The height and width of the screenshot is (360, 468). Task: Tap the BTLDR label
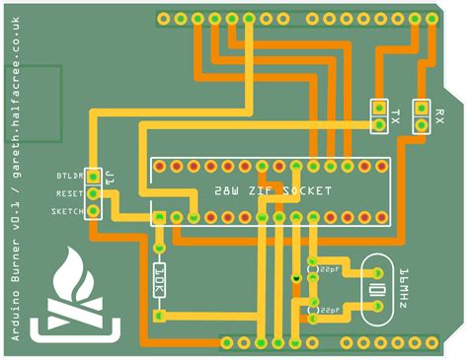[x=70, y=177]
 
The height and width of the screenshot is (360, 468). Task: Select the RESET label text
[x=70, y=194]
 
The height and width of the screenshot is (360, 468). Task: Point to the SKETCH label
[x=68, y=212]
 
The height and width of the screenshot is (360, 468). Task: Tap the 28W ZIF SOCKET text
[x=273, y=190]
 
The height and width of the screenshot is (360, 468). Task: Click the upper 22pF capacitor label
[x=330, y=268]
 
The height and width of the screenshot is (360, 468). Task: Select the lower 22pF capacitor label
[x=330, y=310]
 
